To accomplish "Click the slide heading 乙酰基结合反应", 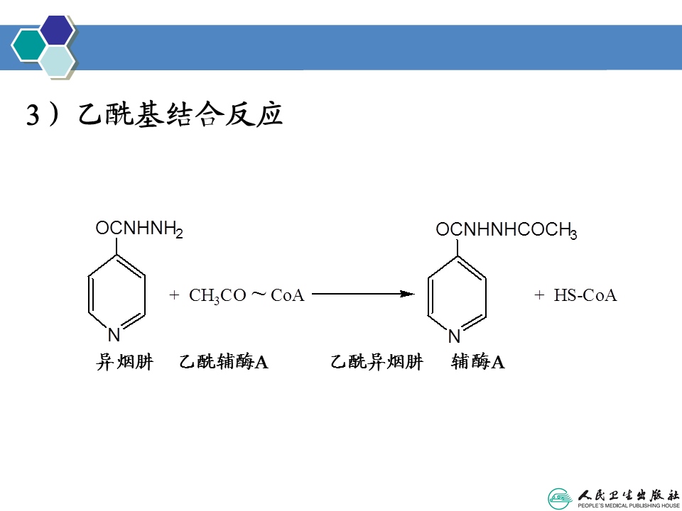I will pyautogui.click(x=181, y=115).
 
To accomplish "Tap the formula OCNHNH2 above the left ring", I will pyautogui.click(x=139, y=229).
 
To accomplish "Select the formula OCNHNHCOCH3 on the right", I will pyautogui.click(x=506, y=230).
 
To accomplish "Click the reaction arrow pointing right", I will pyautogui.click(x=363, y=294).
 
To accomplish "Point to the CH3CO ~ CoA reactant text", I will pyautogui.click(x=247, y=295).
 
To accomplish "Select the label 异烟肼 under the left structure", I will pyautogui.click(x=124, y=362).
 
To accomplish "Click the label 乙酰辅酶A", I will pyautogui.click(x=224, y=362).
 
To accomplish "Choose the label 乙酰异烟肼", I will pyautogui.click(x=377, y=362).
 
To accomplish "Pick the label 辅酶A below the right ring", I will pyautogui.click(x=478, y=362).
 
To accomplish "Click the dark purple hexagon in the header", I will pyautogui.click(x=57, y=29).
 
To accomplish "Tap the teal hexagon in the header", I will pyautogui.click(x=28, y=45).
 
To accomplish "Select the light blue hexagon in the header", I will pyautogui.click(x=57, y=62).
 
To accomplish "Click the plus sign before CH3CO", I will pyautogui.click(x=174, y=295).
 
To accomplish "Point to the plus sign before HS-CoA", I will pyautogui.click(x=539, y=295).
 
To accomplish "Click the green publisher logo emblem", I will pyautogui.click(x=560, y=498).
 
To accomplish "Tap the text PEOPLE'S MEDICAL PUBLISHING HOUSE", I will pyautogui.click(x=626, y=505).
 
